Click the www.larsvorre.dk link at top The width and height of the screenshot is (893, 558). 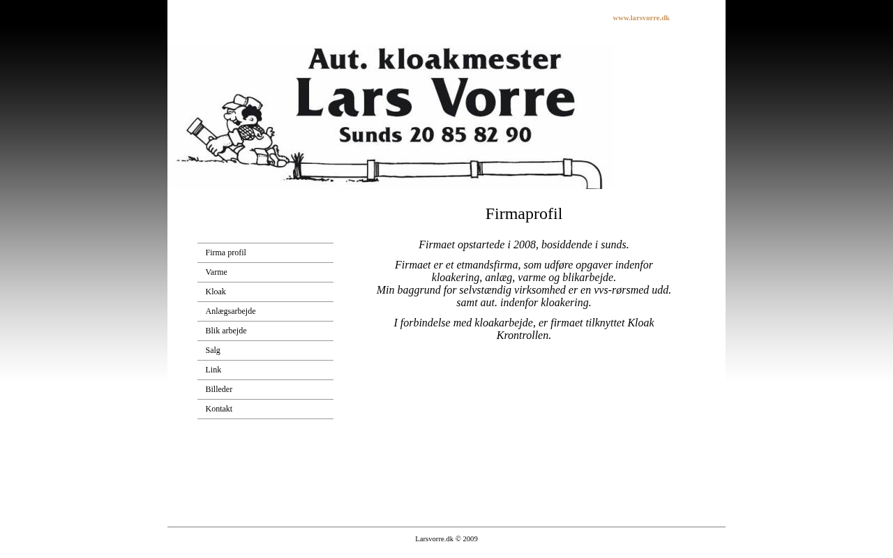(640, 18)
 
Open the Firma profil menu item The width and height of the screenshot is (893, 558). (225, 252)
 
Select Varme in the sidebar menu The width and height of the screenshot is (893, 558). (216, 272)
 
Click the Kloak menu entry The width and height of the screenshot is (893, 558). (216, 292)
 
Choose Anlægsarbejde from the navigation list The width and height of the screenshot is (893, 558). (230, 311)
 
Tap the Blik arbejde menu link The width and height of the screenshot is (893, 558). (225, 331)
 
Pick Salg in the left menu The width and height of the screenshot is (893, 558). (213, 350)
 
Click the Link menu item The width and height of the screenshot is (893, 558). (213, 370)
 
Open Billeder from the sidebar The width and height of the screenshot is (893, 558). (218, 389)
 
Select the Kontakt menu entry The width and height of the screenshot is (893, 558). (218, 409)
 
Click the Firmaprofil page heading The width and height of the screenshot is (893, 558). (523, 214)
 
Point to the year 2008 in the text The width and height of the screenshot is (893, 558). (524, 245)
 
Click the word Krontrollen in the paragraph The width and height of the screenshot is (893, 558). (523, 335)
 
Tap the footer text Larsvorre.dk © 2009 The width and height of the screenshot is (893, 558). (446, 538)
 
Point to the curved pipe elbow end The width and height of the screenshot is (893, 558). (593, 174)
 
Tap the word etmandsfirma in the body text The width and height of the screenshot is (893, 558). (487, 265)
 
